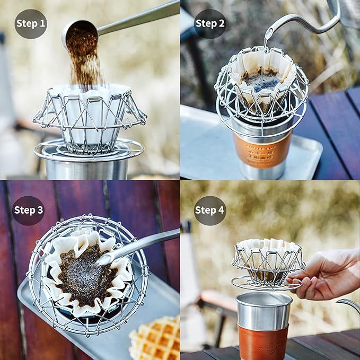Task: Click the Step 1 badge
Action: pos(30,23)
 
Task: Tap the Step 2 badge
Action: pos(210,23)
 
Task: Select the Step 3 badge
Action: pos(29,210)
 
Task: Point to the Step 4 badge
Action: pos(210,210)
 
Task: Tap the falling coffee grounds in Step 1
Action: pos(85,64)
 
